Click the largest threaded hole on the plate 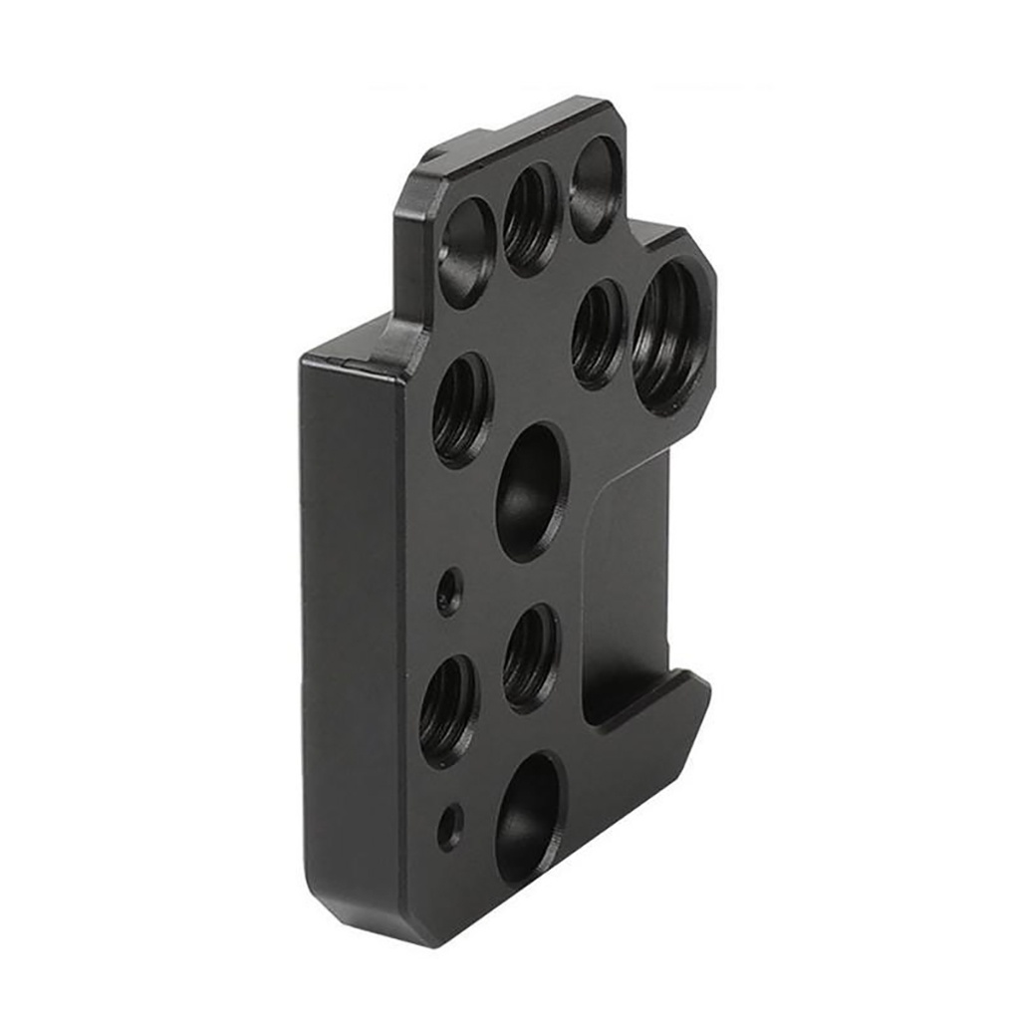click(x=669, y=337)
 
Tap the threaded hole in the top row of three click(x=530, y=218)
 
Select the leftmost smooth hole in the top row click(x=466, y=251)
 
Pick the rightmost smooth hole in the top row click(x=596, y=189)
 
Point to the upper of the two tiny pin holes click(x=449, y=592)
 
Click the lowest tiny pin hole click(x=450, y=827)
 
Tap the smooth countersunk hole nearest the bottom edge click(x=529, y=819)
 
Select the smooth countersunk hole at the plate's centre click(x=531, y=491)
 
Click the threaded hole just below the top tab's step click(x=461, y=409)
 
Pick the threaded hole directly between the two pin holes click(x=448, y=710)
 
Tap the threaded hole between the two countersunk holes click(x=531, y=657)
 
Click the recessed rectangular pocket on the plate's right click(x=628, y=588)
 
